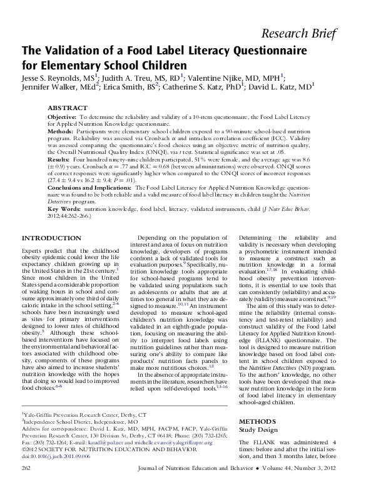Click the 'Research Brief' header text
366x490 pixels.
click(x=308, y=34)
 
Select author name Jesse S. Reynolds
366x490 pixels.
click(x=53, y=78)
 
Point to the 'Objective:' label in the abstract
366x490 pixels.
click(x=63, y=117)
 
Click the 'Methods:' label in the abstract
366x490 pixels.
click(x=62, y=132)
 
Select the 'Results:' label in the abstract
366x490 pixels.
click(x=61, y=161)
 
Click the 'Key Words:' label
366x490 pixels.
click(x=64, y=209)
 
